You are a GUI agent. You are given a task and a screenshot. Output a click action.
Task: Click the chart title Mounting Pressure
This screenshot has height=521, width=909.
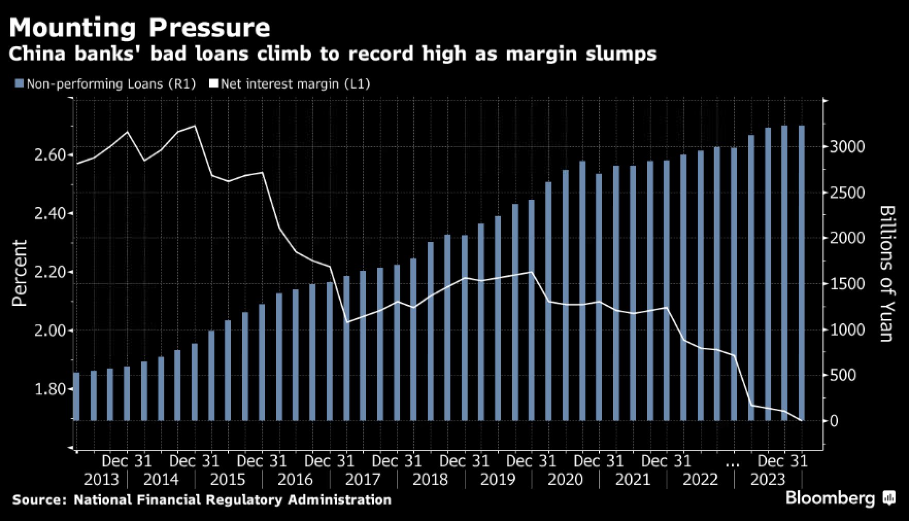pyautogui.click(x=140, y=27)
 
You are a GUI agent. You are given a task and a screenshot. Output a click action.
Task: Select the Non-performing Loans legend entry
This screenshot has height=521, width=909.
pyautogui.click(x=106, y=84)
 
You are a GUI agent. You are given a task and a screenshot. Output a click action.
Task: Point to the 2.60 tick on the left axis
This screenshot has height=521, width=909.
pyautogui.click(x=50, y=155)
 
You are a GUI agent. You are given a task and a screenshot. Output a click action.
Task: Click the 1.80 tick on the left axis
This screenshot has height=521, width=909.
pyautogui.click(x=50, y=389)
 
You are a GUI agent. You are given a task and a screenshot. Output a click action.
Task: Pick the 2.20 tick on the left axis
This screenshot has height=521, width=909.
pyautogui.click(x=50, y=272)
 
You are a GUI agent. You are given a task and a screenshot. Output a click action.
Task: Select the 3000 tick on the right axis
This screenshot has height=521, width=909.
pyautogui.click(x=847, y=147)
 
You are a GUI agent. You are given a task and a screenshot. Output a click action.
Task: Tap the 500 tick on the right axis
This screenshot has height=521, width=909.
pyautogui.click(x=841, y=375)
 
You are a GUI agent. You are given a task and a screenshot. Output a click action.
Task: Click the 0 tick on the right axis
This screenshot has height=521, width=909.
pyautogui.click(x=833, y=421)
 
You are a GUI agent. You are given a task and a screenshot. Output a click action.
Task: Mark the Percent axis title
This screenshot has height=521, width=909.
pyautogui.click(x=19, y=273)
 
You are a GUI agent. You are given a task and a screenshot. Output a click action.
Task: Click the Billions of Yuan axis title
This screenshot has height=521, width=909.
pyautogui.click(x=887, y=273)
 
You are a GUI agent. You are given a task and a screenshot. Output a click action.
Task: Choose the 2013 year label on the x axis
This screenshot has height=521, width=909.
pyautogui.click(x=101, y=480)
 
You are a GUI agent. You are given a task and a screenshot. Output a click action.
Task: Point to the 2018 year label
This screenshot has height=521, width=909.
pyautogui.click(x=430, y=480)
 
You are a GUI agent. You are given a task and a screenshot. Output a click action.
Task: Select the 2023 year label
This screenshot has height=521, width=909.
pyautogui.click(x=767, y=480)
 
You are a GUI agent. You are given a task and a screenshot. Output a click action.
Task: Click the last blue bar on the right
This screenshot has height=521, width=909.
pyautogui.click(x=801, y=273)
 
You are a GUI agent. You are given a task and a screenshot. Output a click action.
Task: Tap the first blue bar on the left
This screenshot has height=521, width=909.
pyautogui.click(x=76, y=396)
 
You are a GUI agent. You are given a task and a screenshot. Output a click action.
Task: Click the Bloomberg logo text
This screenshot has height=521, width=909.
pyautogui.click(x=830, y=498)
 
